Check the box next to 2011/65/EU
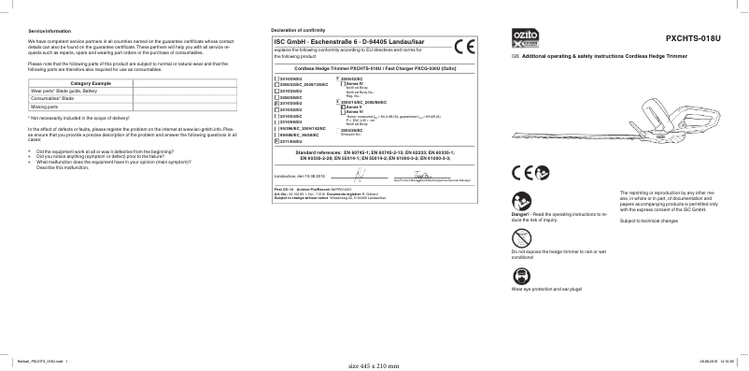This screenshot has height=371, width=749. (275, 141)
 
